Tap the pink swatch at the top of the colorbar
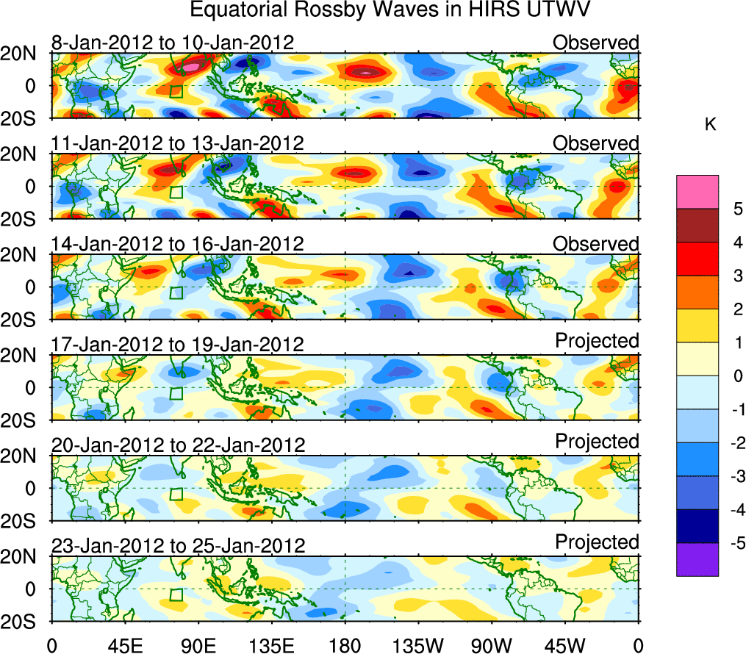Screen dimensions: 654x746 coord(697,192)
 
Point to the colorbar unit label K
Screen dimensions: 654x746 coord(711,126)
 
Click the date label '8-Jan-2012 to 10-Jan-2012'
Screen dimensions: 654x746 coord(173,43)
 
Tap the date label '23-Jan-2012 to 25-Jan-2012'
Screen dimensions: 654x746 coord(177,546)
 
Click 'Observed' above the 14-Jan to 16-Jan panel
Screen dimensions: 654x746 coord(596,243)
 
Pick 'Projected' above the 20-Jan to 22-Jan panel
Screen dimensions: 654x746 coord(597,442)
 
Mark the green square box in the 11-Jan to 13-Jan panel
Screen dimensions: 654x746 coord(176,192)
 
